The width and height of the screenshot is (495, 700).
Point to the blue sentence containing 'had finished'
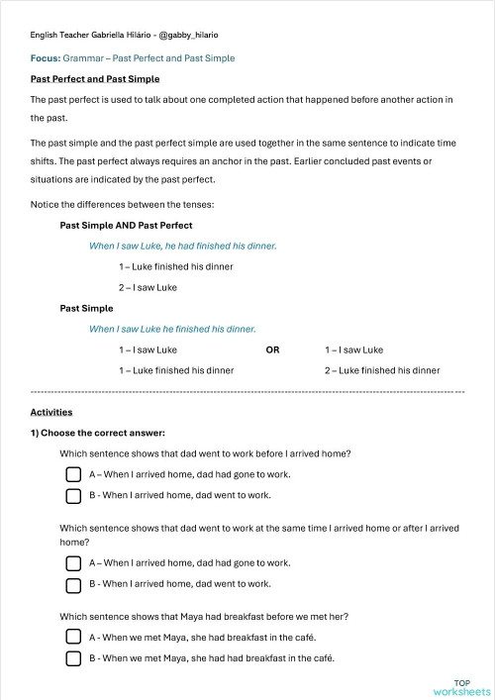[182, 246]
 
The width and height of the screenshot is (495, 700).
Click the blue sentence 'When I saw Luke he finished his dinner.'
[172, 329]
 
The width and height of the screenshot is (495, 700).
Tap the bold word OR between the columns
[272, 350]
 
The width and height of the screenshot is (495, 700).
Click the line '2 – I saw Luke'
[148, 287]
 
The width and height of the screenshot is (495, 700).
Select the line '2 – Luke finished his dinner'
[381, 370]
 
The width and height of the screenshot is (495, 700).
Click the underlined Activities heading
[51, 412]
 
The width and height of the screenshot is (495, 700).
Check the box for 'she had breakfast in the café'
[73, 638]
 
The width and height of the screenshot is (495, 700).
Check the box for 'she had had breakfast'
[73, 658]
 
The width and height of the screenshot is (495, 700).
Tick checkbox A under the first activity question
[73, 474]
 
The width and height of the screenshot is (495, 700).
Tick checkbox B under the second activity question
[73, 584]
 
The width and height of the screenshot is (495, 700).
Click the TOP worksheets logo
[461, 688]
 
